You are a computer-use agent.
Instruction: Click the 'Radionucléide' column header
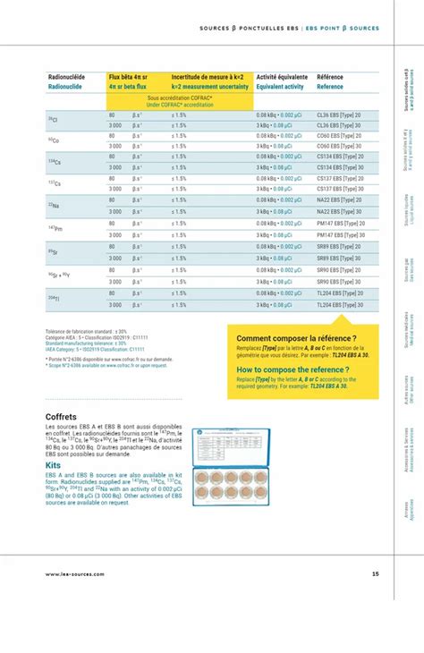click(66, 78)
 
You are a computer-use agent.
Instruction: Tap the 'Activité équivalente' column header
click(281, 78)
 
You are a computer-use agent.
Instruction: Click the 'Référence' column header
click(330, 78)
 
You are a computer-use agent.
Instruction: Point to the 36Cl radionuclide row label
click(53, 120)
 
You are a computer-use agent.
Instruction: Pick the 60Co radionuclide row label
click(53, 141)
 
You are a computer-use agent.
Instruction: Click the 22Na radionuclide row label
click(53, 206)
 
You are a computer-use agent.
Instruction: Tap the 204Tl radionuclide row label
click(54, 298)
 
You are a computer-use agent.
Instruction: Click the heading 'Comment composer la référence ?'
click(284, 339)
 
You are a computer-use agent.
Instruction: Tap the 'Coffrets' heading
click(61, 417)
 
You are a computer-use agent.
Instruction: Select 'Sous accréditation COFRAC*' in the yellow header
click(181, 98)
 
